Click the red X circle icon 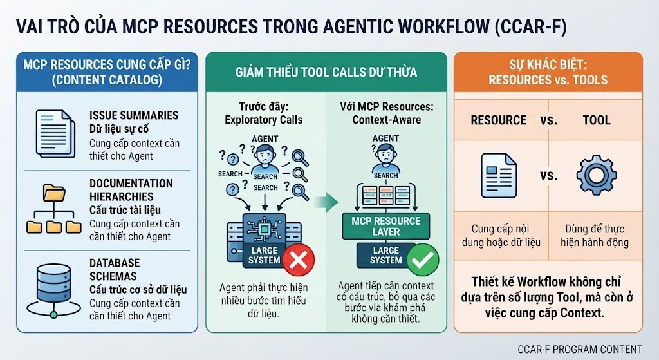(299, 260)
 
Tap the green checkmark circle (423, 260)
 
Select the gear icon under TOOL (596, 175)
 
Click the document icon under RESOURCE (499, 175)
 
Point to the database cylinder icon (54, 290)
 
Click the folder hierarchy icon (54, 209)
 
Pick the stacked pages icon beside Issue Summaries (55, 134)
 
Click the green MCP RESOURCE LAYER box (386, 226)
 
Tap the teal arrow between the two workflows (326, 203)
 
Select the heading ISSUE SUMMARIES (134, 115)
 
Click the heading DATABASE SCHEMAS (115, 270)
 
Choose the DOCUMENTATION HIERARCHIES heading (131, 190)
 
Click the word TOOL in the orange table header (597, 120)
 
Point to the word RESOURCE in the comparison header (499, 120)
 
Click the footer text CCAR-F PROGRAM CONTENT (580, 350)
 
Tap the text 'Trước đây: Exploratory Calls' (263, 113)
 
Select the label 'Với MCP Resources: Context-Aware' (387, 113)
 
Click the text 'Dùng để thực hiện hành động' (595, 236)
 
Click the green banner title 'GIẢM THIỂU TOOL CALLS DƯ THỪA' (326, 72)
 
